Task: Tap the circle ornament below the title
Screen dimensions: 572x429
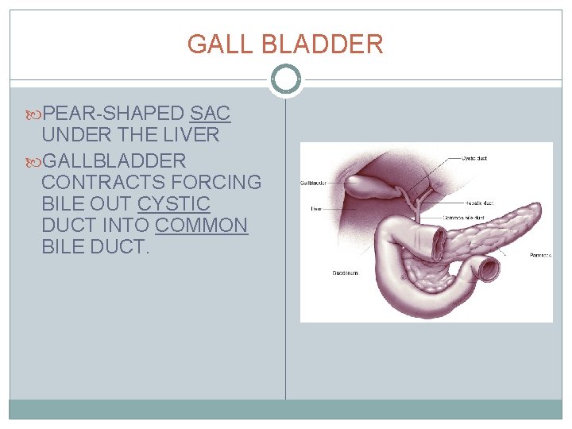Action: pyautogui.click(x=286, y=79)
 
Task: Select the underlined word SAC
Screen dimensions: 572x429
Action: pyautogui.click(x=211, y=114)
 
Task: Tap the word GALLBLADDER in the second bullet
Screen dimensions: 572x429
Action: pyautogui.click(x=114, y=160)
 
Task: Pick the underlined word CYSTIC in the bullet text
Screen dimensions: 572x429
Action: pyautogui.click(x=174, y=204)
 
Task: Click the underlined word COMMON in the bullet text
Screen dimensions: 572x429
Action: pyautogui.click(x=202, y=226)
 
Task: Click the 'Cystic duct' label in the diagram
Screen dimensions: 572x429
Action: pyautogui.click(x=474, y=158)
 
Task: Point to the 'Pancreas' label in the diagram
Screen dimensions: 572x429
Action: pyautogui.click(x=539, y=256)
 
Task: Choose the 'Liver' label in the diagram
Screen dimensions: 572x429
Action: pyautogui.click(x=316, y=210)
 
